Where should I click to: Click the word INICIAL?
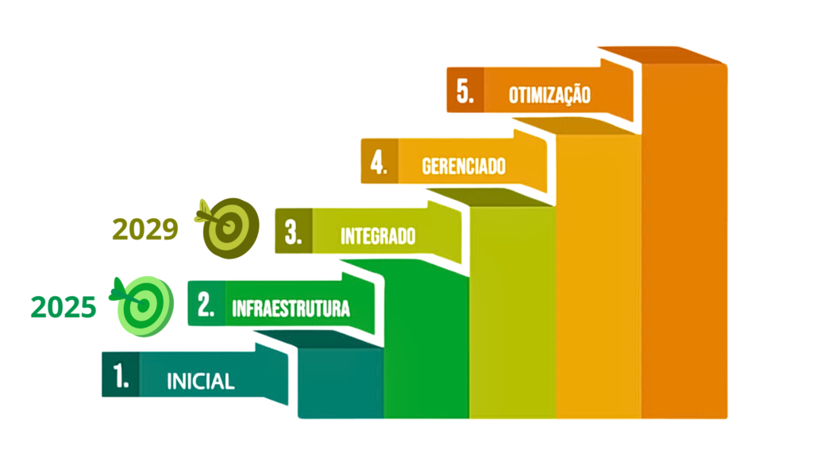pos(201,382)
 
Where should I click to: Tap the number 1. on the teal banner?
pos(121,375)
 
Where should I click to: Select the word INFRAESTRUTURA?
pos(291,309)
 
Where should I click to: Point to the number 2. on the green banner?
pos(206,305)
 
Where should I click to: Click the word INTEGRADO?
pos(378,236)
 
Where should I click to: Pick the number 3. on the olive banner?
pos(293,232)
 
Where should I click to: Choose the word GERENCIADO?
pos(464,167)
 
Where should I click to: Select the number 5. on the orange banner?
pos(465,91)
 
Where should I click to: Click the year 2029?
pos(145,229)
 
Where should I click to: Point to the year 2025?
pos(64,307)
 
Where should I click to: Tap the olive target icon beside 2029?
pos(229,227)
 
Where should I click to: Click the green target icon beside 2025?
pos(144,305)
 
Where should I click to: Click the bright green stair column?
pos(426,341)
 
